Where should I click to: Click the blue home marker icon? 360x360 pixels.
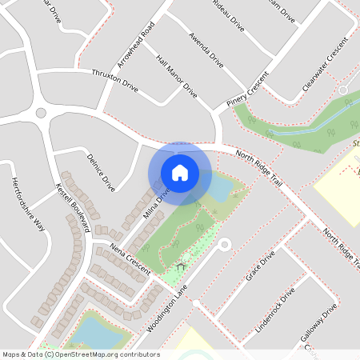coord(180,173)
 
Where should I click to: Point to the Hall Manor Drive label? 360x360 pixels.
coord(177,77)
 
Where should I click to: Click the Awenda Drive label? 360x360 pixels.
coord(206,49)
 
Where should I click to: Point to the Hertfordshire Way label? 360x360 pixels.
coord(28,203)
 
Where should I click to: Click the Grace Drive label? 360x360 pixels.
coord(261,266)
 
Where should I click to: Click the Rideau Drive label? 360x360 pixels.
coord(227,14)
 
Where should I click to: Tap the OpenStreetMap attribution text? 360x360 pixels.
coord(81,354)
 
